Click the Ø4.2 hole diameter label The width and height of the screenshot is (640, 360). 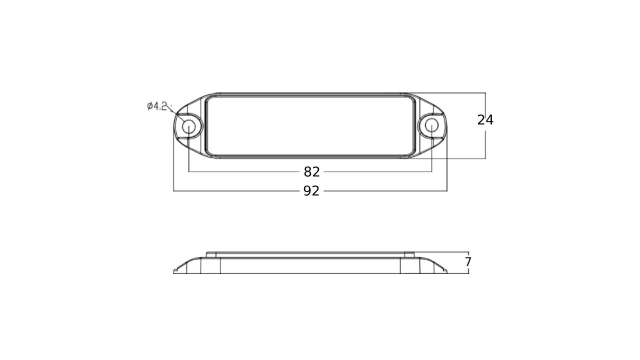(156, 106)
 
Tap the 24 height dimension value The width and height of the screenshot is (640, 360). (485, 120)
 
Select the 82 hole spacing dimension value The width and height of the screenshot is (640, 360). (311, 172)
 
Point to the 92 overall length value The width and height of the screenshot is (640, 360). (311, 191)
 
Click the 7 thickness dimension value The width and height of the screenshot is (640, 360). (467, 261)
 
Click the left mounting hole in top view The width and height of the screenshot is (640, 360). (188, 126)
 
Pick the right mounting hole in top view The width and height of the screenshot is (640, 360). (431, 125)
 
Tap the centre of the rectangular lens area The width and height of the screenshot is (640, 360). (310, 125)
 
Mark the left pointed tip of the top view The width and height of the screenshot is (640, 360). (173, 126)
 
